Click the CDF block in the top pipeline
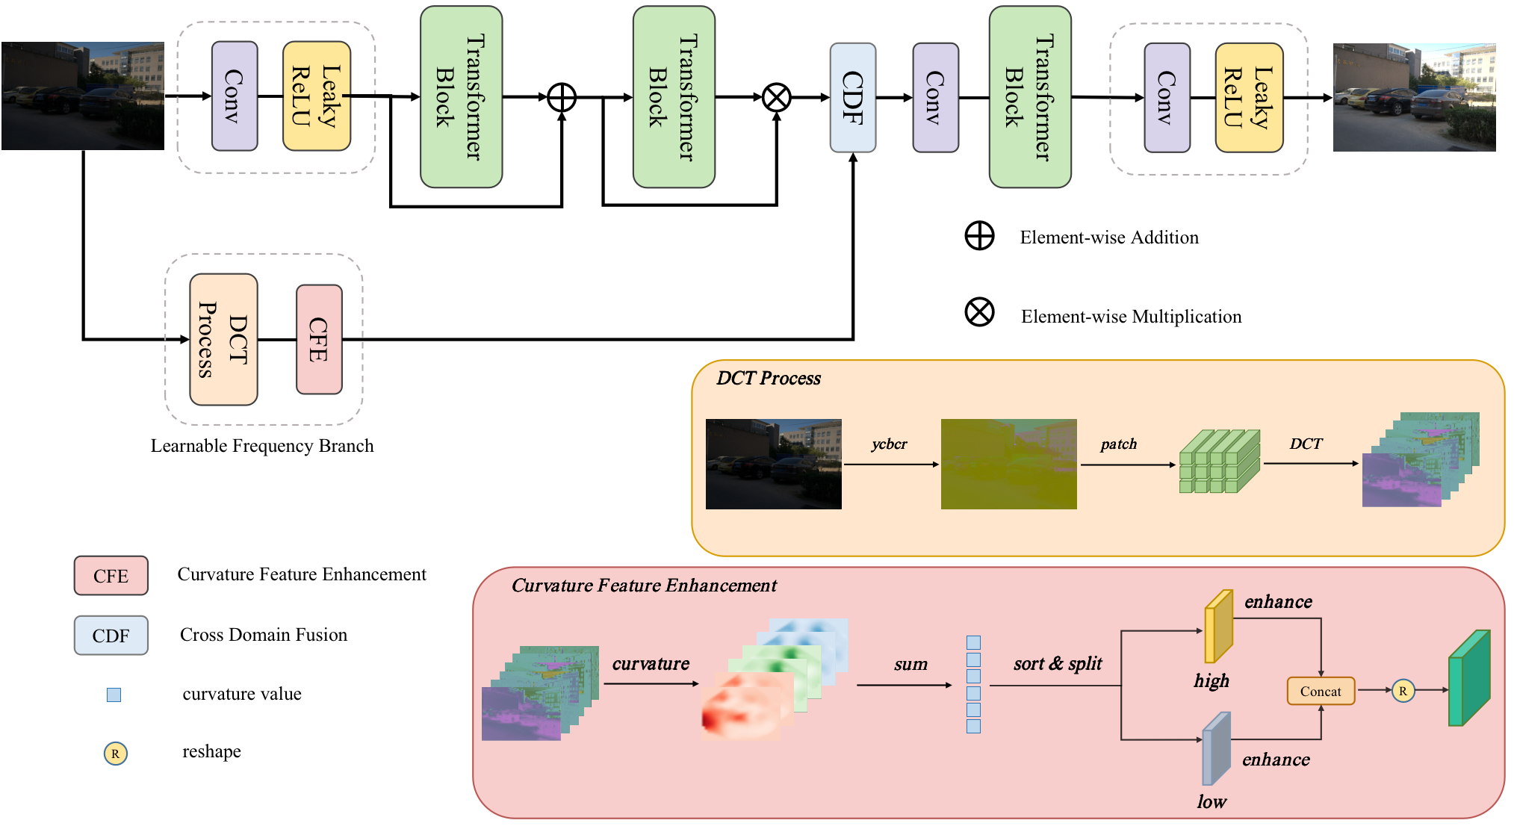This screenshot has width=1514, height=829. pyautogui.click(x=853, y=97)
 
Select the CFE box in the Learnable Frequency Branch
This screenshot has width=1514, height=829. pyautogui.click(x=319, y=339)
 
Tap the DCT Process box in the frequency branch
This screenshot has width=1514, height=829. pyautogui.click(x=223, y=339)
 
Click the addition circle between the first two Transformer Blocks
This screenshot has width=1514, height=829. pyautogui.click(x=562, y=97)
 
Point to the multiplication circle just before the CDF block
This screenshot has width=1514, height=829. pyautogui.click(x=777, y=97)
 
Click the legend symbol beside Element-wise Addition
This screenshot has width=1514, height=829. pyautogui.click(x=979, y=236)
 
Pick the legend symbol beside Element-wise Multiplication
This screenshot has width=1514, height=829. pyautogui.click(x=979, y=312)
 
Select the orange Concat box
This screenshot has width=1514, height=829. pyautogui.click(x=1321, y=691)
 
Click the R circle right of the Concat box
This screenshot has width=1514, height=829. pyautogui.click(x=1403, y=691)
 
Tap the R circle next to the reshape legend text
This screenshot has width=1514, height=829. pyautogui.click(x=115, y=754)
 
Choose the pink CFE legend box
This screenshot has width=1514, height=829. pyautogui.click(x=111, y=576)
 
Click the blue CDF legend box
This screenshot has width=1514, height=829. pyautogui.click(x=111, y=636)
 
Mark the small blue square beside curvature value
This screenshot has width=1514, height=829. pyautogui.click(x=114, y=695)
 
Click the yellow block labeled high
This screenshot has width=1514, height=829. pyautogui.click(x=1217, y=627)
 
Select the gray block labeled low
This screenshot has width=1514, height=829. pyautogui.click(x=1215, y=749)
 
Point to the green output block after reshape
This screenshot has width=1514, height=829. pyautogui.click(x=1468, y=678)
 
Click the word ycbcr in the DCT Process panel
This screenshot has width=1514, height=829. pyautogui.click(x=889, y=444)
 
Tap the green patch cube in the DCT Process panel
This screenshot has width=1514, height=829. pyautogui.click(x=1219, y=462)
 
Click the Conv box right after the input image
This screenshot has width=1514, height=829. pyautogui.click(x=235, y=96)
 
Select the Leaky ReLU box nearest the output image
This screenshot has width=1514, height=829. pyautogui.click(x=1249, y=98)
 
